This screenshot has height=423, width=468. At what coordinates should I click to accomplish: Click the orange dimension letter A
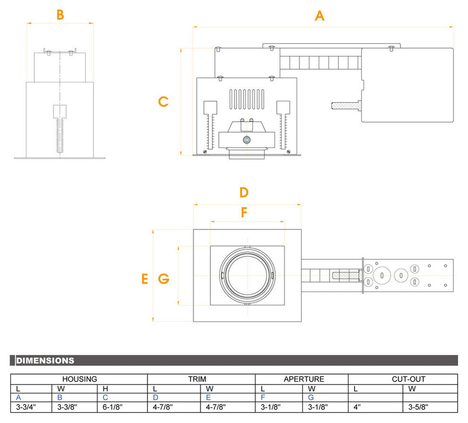coord(320,16)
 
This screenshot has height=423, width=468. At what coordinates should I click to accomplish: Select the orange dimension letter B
coord(60,15)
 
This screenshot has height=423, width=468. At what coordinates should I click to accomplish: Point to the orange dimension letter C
coord(163,102)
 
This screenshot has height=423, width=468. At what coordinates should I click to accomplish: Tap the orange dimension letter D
coord(244,193)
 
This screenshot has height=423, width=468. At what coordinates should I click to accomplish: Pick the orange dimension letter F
coord(244,213)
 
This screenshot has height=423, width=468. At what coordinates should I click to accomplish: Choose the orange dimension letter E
coord(145,279)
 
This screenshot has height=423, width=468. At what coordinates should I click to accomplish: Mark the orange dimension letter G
coord(164,279)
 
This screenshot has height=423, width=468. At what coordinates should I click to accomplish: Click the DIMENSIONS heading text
coord(45,361)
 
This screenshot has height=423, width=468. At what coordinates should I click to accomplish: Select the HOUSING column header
coord(79,379)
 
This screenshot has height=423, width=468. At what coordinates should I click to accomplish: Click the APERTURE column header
coord(304,379)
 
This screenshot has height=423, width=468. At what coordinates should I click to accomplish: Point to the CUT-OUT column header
coord(408,379)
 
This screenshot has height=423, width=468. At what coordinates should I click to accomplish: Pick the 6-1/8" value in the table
coord(113,406)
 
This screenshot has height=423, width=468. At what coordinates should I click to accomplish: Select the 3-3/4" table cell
coord(26,406)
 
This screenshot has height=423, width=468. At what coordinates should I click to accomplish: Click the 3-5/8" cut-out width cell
coord(419,406)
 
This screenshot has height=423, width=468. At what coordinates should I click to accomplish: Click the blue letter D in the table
coord(156,397)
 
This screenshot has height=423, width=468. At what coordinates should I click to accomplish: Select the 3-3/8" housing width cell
coord(68,406)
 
